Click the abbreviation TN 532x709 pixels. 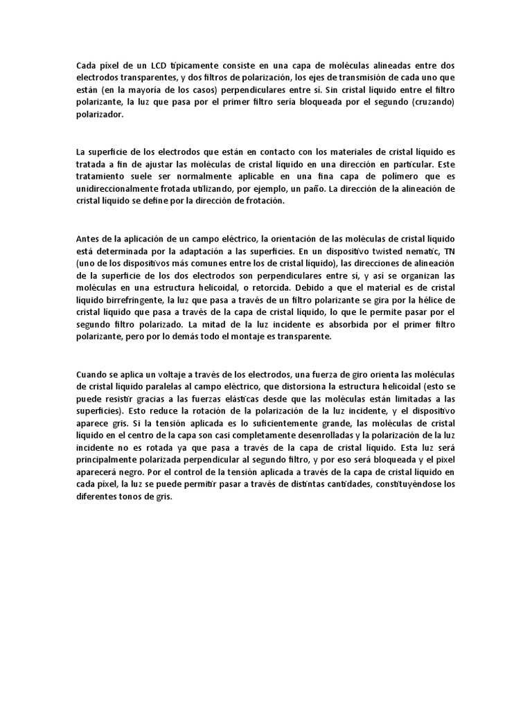click(448, 251)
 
